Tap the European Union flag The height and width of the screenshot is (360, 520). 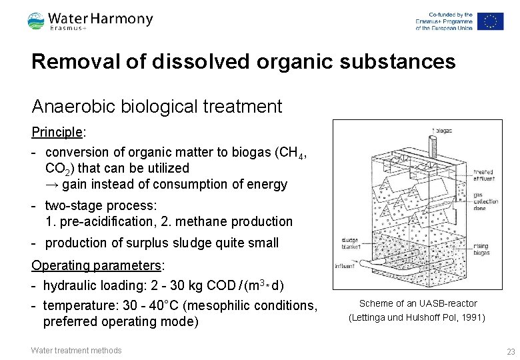tap(490, 21)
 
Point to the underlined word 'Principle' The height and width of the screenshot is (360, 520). tap(57, 132)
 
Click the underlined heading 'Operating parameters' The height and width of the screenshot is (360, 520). tap(97, 265)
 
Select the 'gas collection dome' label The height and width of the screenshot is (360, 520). tap(485, 201)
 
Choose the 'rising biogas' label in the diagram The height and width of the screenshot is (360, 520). tap(481, 249)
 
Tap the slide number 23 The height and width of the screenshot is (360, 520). tap(511, 351)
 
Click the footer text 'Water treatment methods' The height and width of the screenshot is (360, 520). tap(77, 351)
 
